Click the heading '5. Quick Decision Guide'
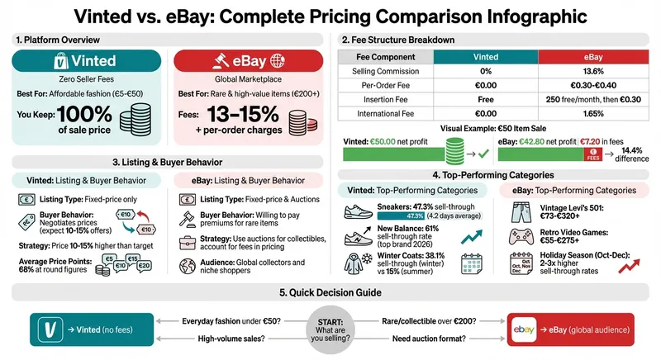point(330,291)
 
